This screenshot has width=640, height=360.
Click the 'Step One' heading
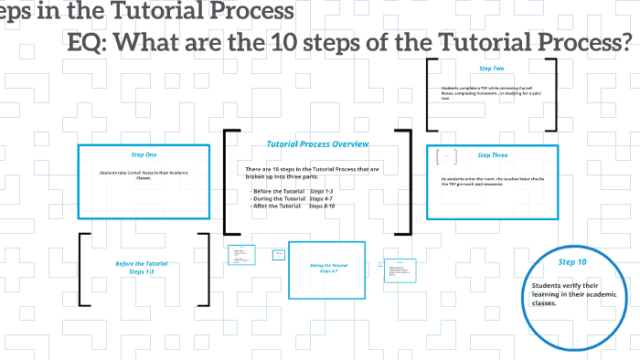pyautogui.click(x=144, y=154)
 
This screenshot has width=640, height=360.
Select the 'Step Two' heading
pyautogui.click(x=491, y=69)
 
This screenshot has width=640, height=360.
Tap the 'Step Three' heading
pyautogui.click(x=492, y=154)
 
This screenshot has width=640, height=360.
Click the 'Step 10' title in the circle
pyautogui.click(x=572, y=262)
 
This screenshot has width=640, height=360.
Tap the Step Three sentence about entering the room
pyautogui.click(x=494, y=181)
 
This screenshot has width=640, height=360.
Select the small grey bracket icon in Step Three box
pyautogui.click(x=447, y=156)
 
